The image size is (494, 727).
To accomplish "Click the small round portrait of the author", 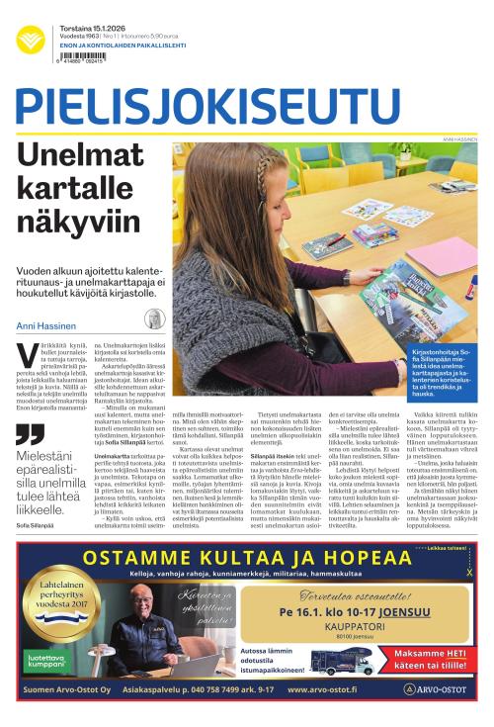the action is pyautogui.click(x=154, y=319).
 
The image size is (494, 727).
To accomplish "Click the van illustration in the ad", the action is pyautogui.click(x=345, y=661).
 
